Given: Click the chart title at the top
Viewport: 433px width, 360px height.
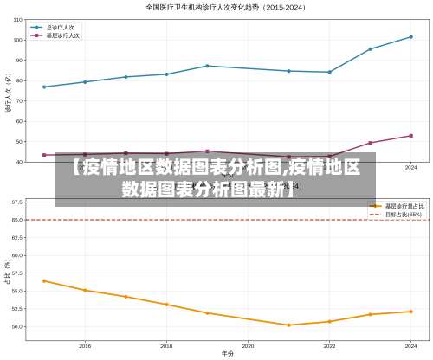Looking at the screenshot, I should [216, 7].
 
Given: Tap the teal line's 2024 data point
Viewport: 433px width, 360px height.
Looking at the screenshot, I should [410, 36].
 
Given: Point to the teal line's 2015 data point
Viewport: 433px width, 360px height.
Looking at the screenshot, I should [44, 87].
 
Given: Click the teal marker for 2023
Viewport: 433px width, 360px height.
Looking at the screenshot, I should [370, 49].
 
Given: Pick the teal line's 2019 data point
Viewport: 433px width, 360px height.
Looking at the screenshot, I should [207, 66].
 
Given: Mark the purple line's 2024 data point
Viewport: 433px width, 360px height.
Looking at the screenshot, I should [410, 136].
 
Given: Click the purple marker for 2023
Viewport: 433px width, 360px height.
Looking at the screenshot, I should [370, 143].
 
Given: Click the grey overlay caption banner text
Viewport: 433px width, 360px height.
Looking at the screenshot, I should [216, 177].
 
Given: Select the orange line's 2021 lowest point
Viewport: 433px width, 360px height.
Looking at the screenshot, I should [288, 325].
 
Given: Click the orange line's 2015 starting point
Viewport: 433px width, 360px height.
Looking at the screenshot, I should [44, 280].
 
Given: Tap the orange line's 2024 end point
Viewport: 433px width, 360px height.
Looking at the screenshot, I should [410, 312].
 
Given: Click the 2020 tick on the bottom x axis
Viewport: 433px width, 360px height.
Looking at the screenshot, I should [248, 345].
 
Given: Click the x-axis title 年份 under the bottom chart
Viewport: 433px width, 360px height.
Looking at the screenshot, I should [227, 354].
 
